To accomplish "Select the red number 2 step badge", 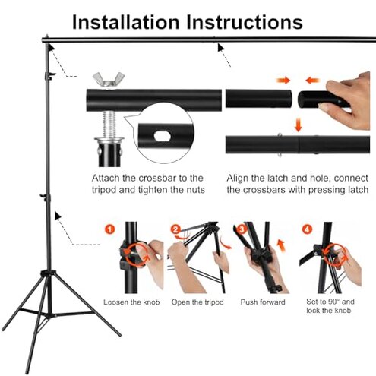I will pyautogui.click(x=175, y=229).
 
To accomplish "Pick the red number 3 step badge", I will pyautogui.click(x=242, y=229).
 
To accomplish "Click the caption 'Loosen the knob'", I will pyautogui.click(x=131, y=302).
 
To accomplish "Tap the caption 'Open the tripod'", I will pyautogui.click(x=198, y=302).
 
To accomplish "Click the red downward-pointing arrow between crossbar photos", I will pyautogui.click(x=296, y=124).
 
